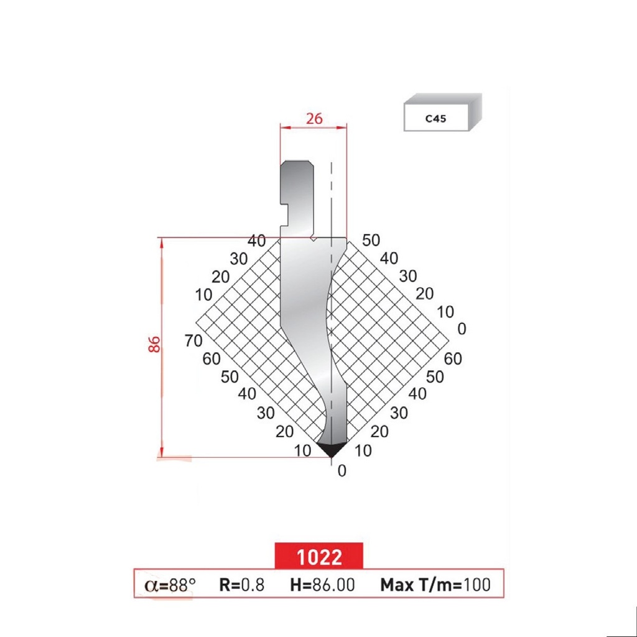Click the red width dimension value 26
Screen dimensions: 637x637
tap(314, 118)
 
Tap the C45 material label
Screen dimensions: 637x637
tap(435, 118)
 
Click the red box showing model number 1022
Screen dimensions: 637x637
tap(318, 556)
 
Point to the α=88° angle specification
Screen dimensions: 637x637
tap(170, 585)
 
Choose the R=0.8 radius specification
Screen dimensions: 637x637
tap(241, 585)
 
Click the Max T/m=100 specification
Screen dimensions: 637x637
tap(435, 585)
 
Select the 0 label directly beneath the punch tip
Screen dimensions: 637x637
tap(341, 471)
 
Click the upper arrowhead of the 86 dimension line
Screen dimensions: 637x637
tap(163, 243)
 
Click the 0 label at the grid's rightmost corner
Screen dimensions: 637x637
tap(461, 328)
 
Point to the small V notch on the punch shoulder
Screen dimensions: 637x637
tap(315, 238)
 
